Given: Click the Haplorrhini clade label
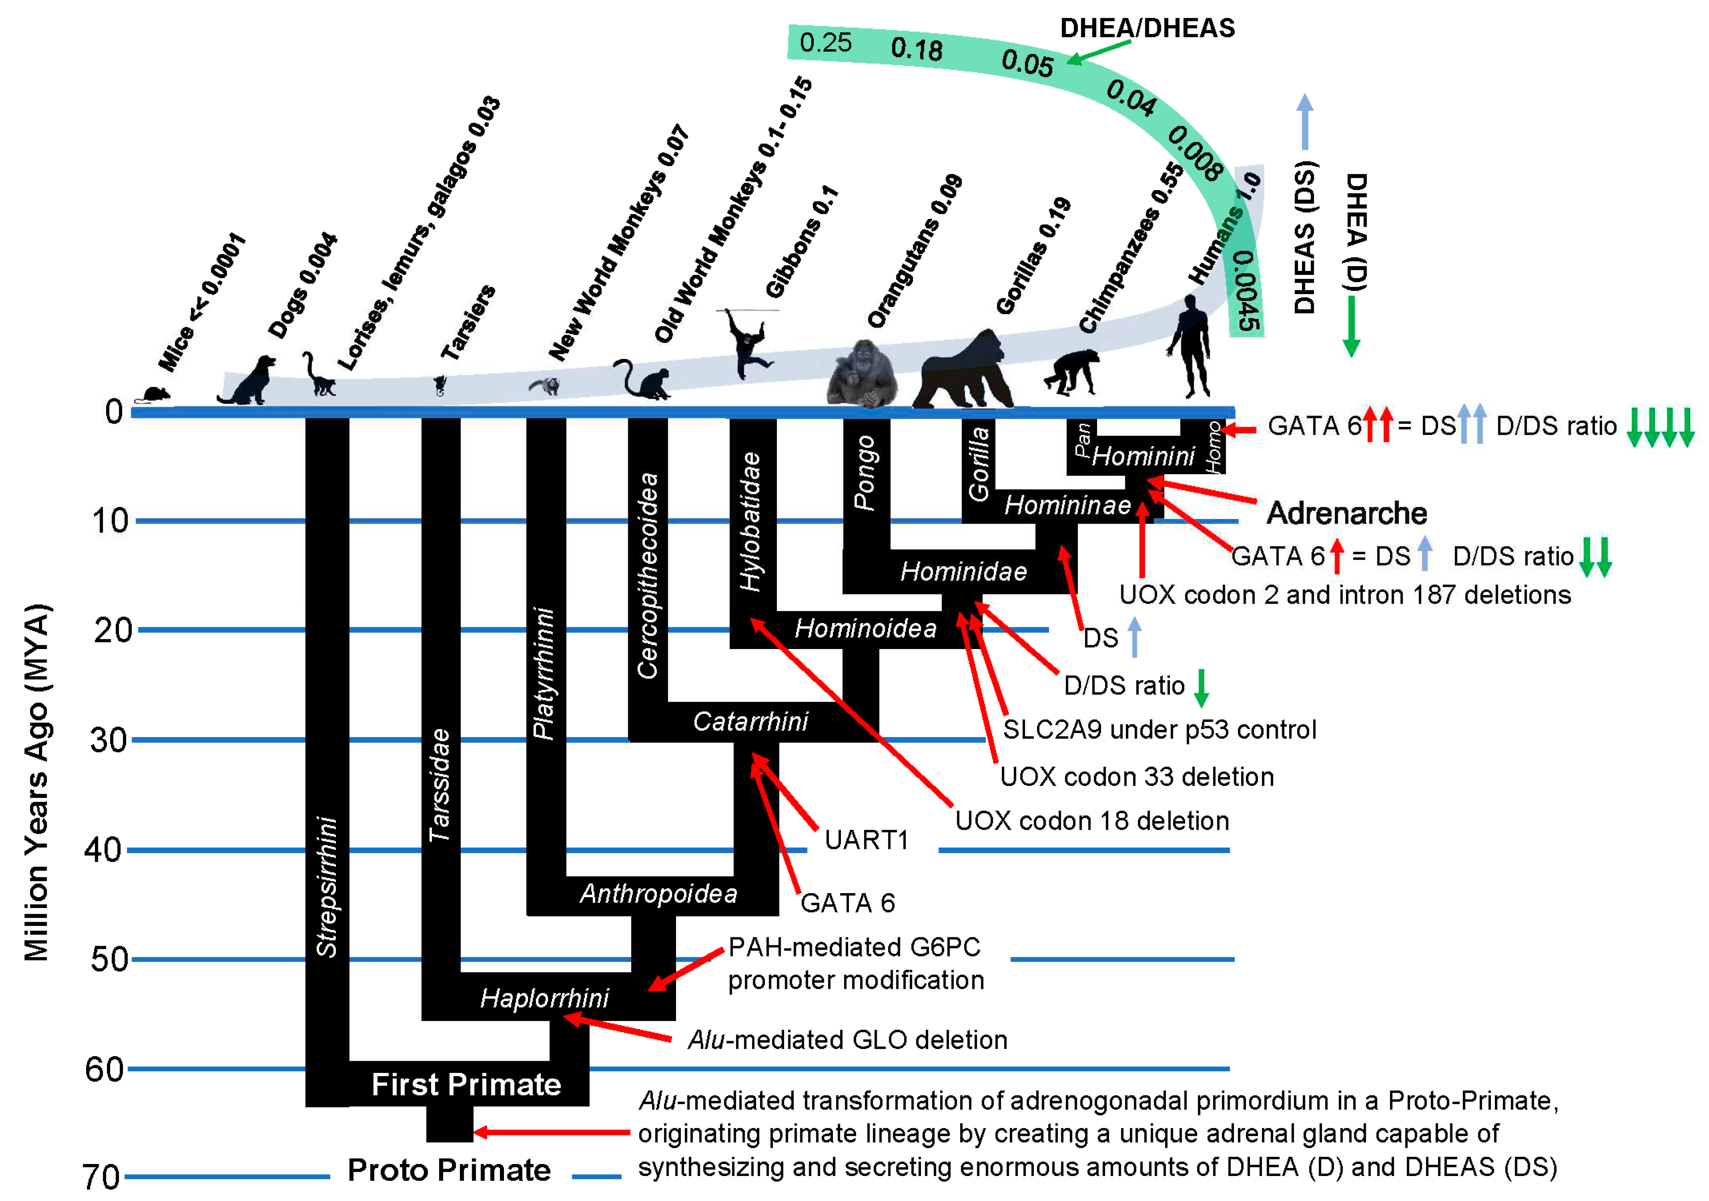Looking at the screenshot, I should pyautogui.click(x=544, y=998).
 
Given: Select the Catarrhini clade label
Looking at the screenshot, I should pyautogui.click(x=750, y=721).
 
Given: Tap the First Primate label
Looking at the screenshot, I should pyautogui.click(x=466, y=1084).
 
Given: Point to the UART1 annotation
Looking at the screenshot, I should pyautogui.click(x=866, y=840).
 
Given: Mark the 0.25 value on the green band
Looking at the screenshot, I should pyautogui.click(x=825, y=42).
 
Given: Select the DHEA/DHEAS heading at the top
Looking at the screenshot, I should pyautogui.click(x=1147, y=28).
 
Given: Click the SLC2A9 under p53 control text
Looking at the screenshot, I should pyautogui.click(x=1159, y=729).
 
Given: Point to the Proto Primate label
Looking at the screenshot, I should pyautogui.click(x=449, y=1170).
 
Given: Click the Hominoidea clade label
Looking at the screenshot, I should pyautogui.click(x=865, y=628).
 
